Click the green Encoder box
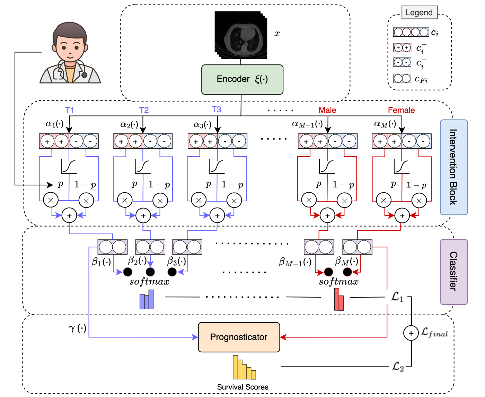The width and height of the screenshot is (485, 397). point(242,79)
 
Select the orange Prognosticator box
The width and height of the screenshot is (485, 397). point(239,337)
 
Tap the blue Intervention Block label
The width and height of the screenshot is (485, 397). point(453,167)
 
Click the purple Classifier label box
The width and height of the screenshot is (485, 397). point(453,272)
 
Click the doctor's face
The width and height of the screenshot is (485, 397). point(70,47)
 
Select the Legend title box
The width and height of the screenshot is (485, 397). point(419,13)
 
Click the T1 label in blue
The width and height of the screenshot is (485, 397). point(70,110)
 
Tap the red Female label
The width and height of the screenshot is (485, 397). point(401,110)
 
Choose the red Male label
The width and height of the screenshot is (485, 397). point(327,110)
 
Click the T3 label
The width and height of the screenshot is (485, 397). point(217,109)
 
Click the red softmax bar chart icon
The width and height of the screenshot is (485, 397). point(339,300)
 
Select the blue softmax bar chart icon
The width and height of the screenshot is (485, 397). point(147,300)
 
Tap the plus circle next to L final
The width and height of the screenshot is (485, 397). point(411,333)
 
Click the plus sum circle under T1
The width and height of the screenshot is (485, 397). point(69,215)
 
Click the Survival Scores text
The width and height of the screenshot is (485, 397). point(242,387)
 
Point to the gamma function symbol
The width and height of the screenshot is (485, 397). point(77,328)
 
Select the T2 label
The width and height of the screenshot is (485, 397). point(144,110)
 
